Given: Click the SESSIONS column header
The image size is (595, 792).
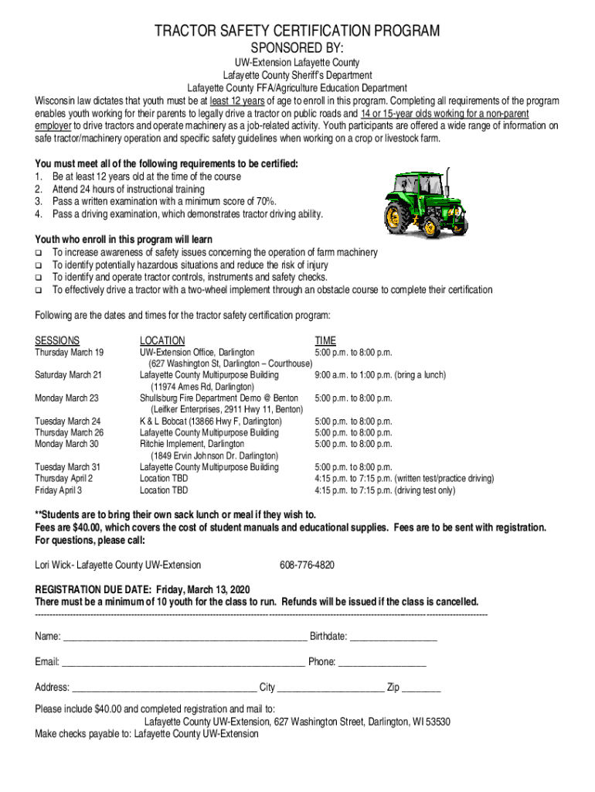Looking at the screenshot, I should pos(57,340).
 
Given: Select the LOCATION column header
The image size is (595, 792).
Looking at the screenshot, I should pos(162,340).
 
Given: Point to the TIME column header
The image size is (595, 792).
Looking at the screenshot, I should pos(325,340).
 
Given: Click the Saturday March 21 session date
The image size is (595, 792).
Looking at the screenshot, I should pos(69,375).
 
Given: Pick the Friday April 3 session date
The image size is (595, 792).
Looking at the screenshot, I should pos(59,490).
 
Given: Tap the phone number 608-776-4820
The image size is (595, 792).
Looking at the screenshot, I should pos(307,565).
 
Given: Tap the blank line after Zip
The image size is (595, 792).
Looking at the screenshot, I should pos(421,688).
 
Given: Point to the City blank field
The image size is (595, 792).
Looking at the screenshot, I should pos(331,688).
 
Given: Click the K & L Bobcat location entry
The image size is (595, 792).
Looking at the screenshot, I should pos(211,422).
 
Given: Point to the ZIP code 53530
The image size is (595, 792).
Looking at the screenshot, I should pos(437,722).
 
